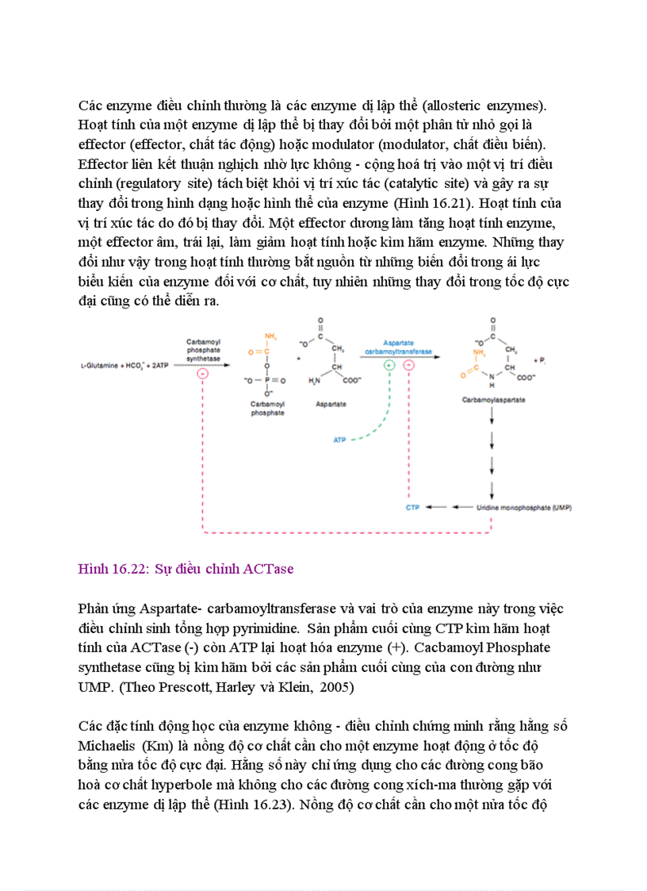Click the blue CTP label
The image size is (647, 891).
point(412,506)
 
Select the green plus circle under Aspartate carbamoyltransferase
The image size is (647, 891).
point(389,366)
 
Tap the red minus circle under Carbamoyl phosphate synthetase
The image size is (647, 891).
point(202,374)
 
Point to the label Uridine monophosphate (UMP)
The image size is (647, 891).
point(524,506)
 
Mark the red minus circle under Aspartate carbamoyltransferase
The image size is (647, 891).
point(409,366)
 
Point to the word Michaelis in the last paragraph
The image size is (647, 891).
point(108,746)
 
